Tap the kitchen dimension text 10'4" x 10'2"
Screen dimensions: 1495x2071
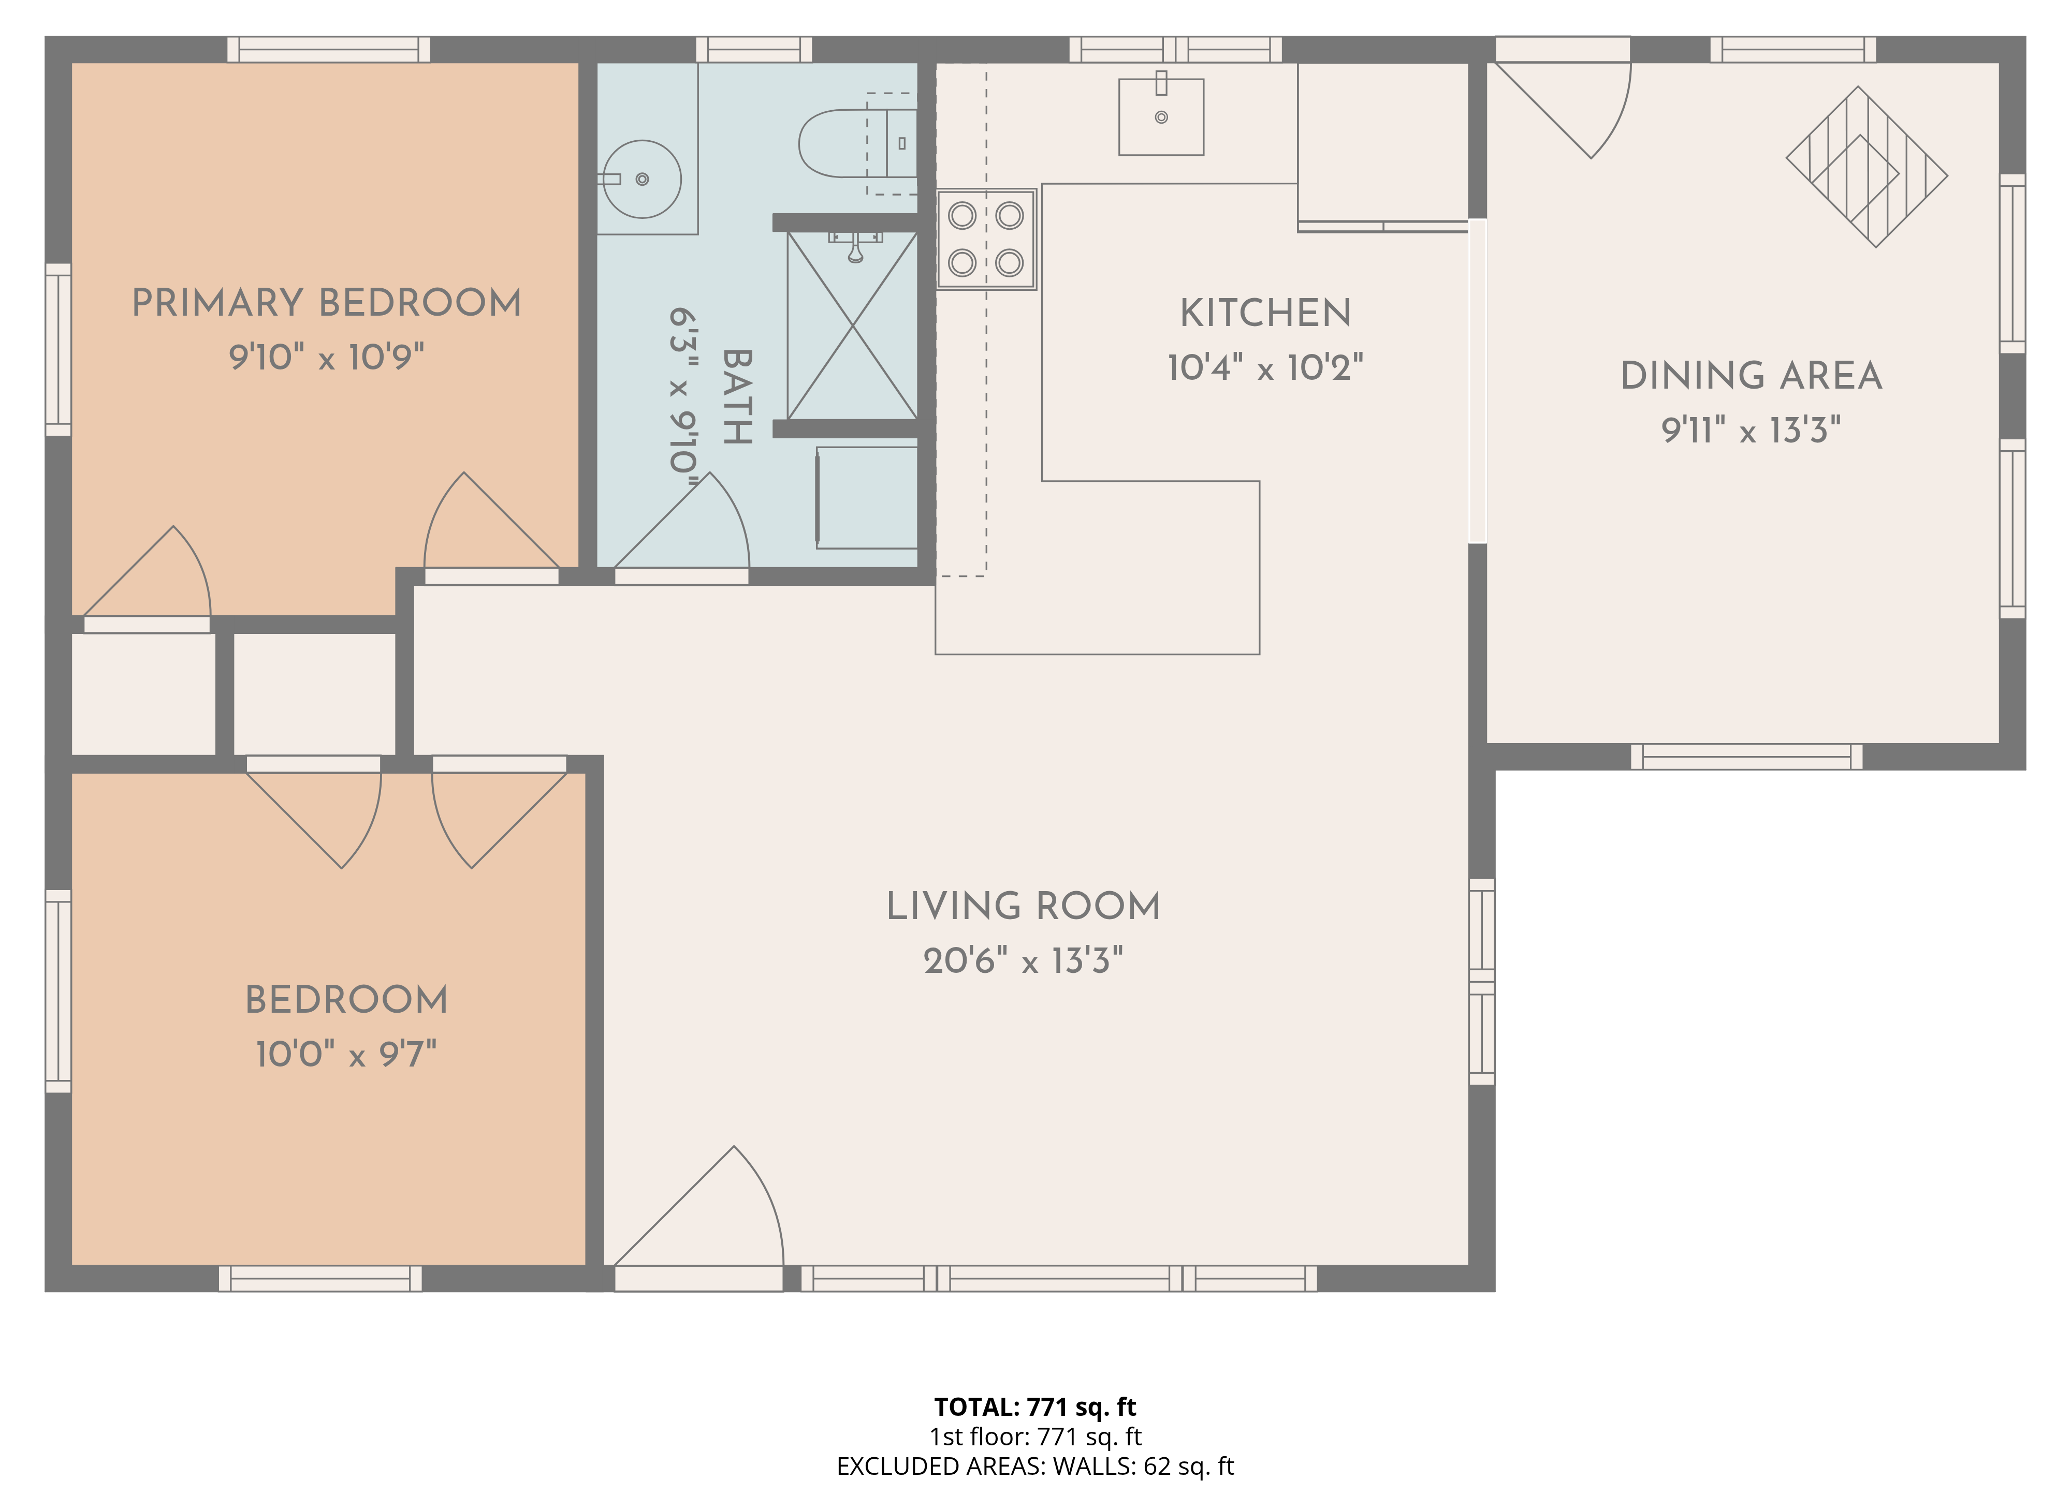coord(1265,368)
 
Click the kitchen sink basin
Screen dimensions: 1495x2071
coord(1161,117)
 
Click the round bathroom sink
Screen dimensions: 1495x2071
coord(642,179)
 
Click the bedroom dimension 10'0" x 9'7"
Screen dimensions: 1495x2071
coord(346,1054)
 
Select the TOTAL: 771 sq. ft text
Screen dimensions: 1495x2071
coord(1034,1407)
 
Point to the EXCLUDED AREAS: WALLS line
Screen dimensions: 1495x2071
coord(1034,1466)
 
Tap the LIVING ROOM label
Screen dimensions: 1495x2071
coord(1023,906)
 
